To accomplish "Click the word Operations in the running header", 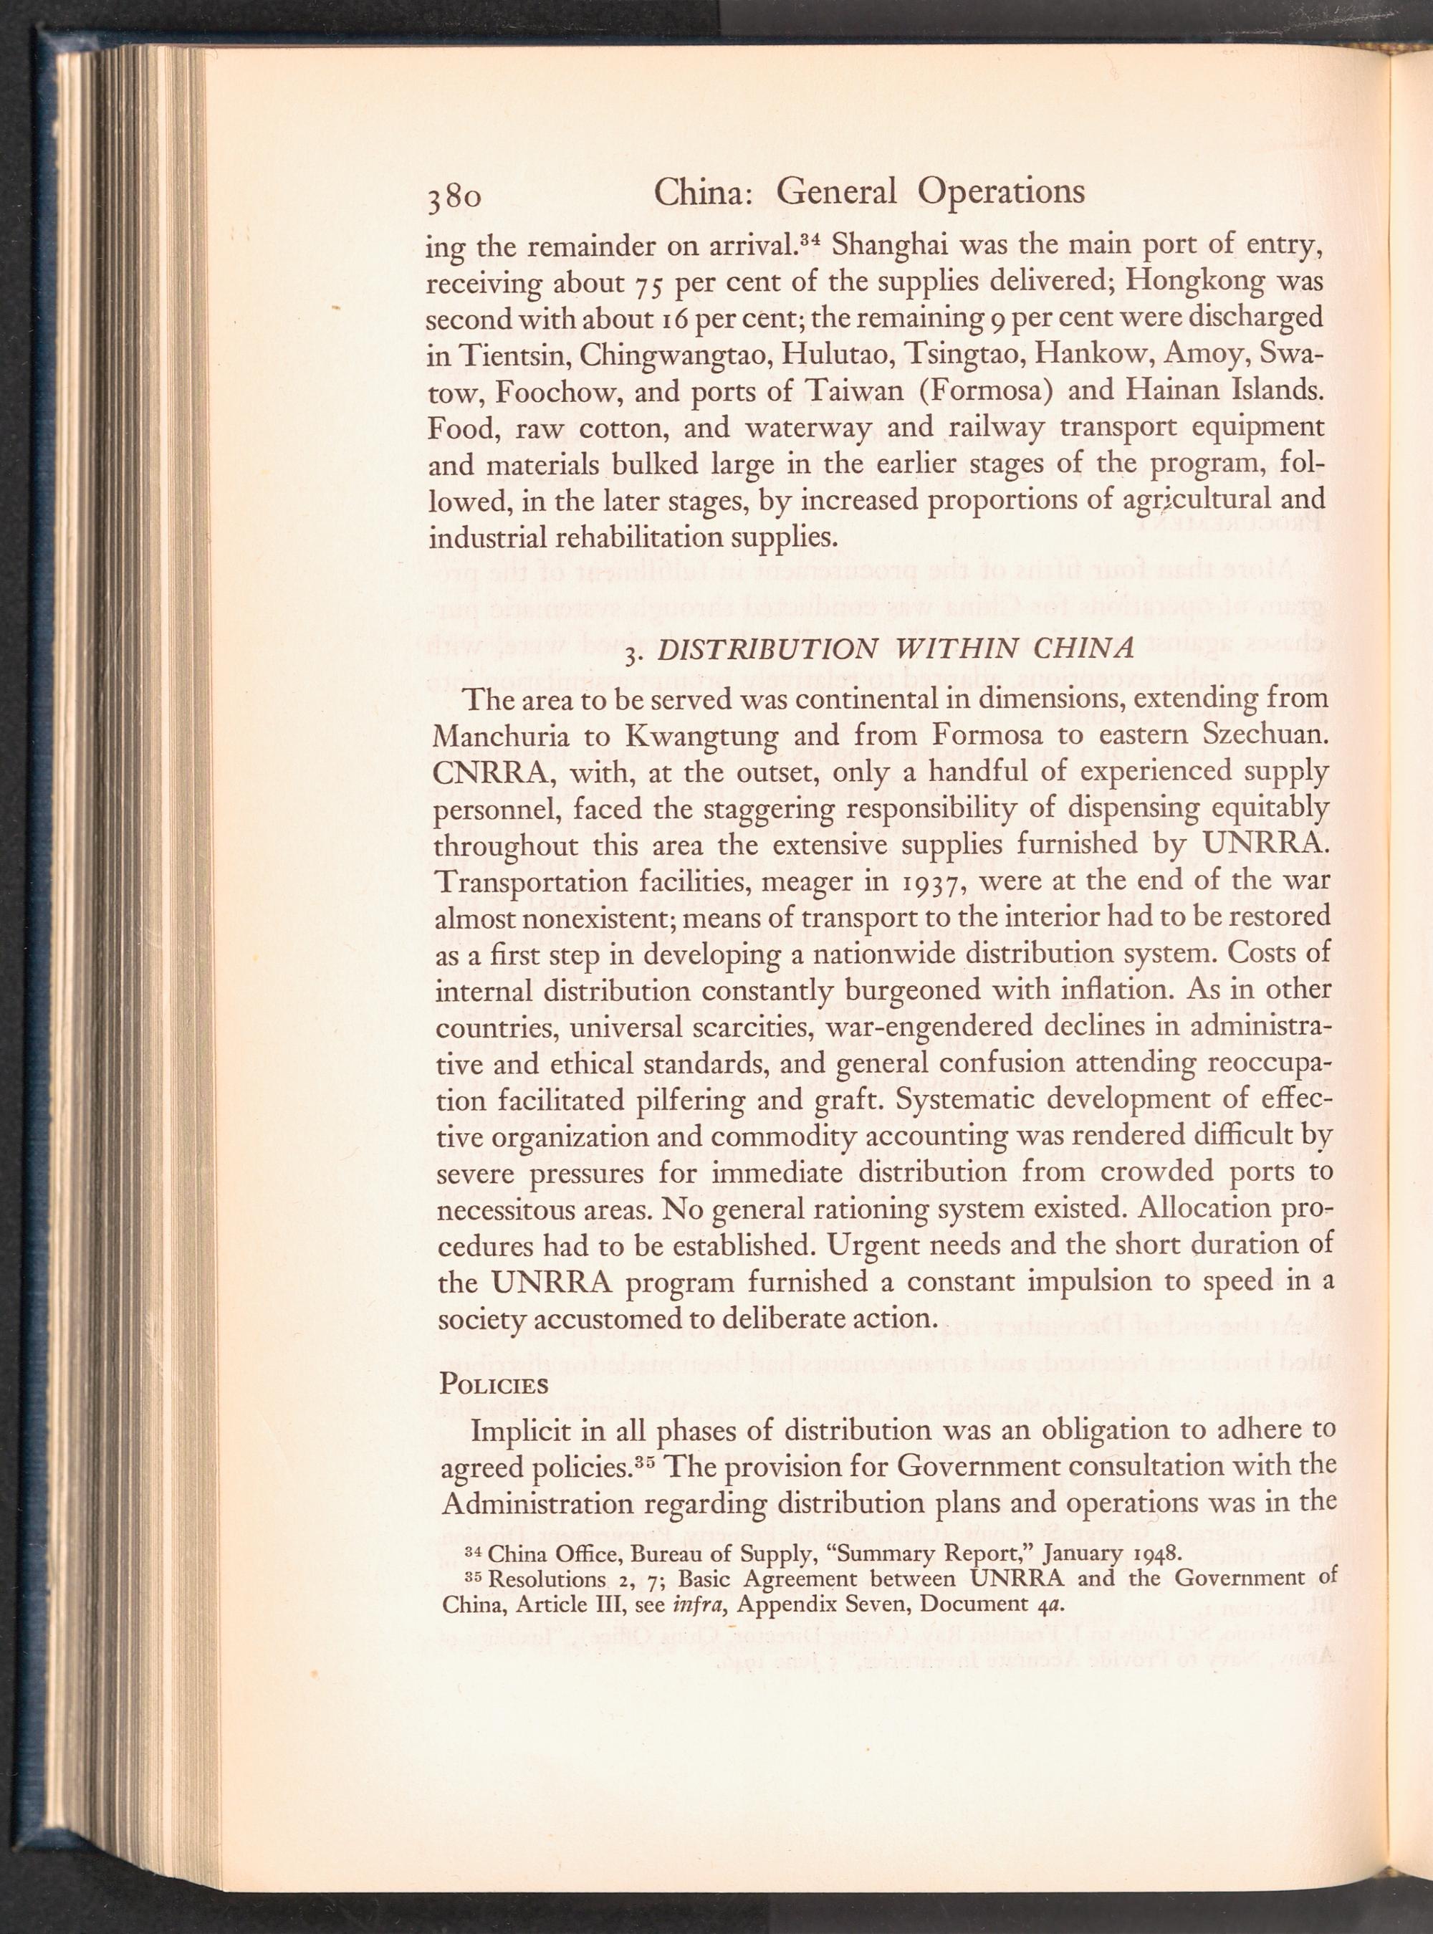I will (x=1001, y=191).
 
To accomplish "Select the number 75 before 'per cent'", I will (x=651, y=284).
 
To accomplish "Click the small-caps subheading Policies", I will (x=494, y=1383).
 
